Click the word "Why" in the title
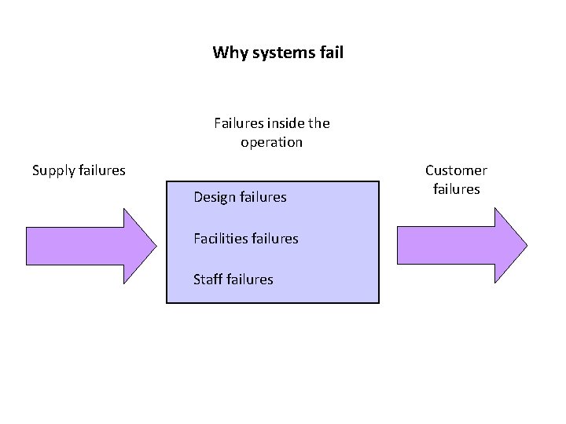(x=228, y=53)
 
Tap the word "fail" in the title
(x=331, y=53)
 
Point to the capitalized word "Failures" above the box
(x=238, y=123)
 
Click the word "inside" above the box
(x=286, y=123)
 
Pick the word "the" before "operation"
(x=319, y=123)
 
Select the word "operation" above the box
(x=271, y=143)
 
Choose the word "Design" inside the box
(x=215, y=197)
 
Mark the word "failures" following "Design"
(x=263, y=197)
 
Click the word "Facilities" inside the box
(x=220, y=238)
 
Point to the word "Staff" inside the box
(x=208, y=279)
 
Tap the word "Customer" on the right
(x=456, y=170)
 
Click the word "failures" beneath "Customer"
(x=456, y=189)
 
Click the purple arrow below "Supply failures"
(x=86, y=245)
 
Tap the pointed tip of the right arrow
(x=525, y=245)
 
